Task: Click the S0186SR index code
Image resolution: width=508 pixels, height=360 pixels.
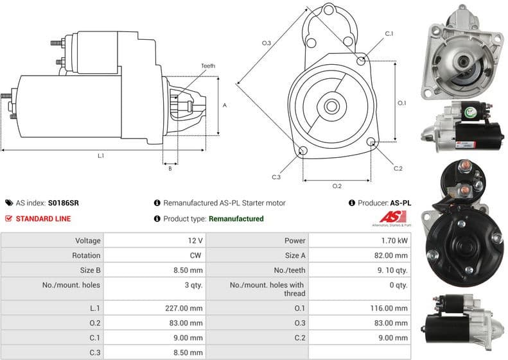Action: point(64,203)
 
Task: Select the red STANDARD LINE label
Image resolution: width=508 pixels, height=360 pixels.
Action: point(43,219)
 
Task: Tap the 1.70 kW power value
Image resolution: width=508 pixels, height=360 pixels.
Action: point(393,241)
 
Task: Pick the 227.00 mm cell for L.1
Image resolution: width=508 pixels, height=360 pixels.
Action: point(184,308)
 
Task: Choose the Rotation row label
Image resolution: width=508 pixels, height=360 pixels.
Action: point(86,255)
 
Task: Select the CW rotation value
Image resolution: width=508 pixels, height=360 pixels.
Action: point(197,255)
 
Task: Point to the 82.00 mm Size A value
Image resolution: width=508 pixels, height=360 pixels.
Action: point(392,255)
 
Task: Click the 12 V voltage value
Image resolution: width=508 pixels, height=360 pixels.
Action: point(195,241)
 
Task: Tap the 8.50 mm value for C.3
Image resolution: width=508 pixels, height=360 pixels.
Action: point(188,352)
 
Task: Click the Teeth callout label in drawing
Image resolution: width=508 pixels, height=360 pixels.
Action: point(208,66)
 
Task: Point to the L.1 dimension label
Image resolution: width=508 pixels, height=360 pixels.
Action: point(101,155)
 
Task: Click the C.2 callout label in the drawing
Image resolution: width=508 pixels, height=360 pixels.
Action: point(398,168)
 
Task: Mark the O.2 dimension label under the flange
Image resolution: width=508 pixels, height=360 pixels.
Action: point(337,186)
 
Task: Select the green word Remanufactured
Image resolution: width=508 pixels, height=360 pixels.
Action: point(236,219)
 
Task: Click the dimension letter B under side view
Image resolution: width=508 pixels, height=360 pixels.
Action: point(170,169)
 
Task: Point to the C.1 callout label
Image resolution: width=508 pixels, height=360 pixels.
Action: point(389,33)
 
